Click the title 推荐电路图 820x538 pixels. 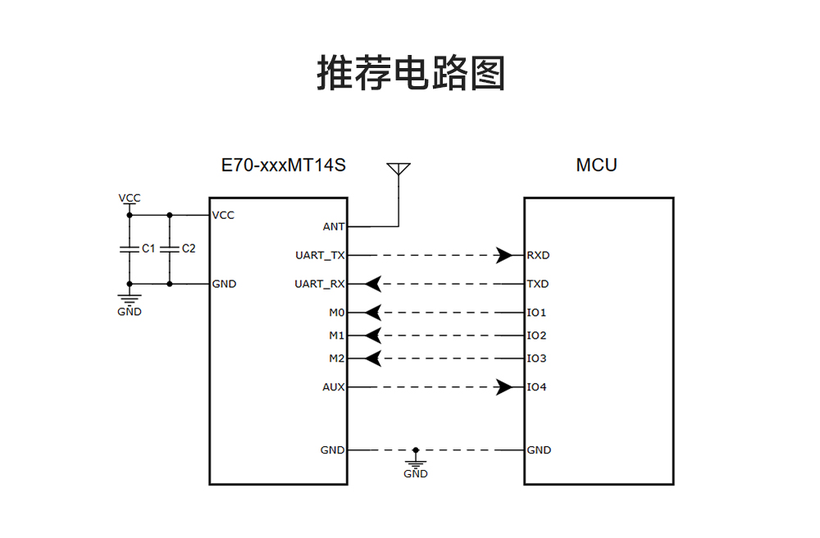tap(410, 73)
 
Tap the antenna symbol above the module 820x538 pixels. tap(399, 170)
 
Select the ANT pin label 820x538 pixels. tap(334, 226)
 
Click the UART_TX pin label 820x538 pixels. tap(320, 255)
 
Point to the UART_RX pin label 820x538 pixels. tap(320, 284)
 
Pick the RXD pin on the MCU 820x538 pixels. tap(538, 255)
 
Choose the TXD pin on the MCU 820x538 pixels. tap(538, 284)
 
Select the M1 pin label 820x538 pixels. tap(336, 335)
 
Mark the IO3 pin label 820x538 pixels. tap(536, 358)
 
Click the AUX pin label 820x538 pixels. tap(333, 387)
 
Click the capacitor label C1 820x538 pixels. tap(148, 248)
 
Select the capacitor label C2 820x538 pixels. tap(189, 248)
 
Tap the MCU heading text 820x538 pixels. tap(596, 165)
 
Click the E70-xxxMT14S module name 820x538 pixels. tap(284, 165)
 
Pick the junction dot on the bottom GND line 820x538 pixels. tap(416, 450)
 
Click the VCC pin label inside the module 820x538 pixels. tap(223, 215)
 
